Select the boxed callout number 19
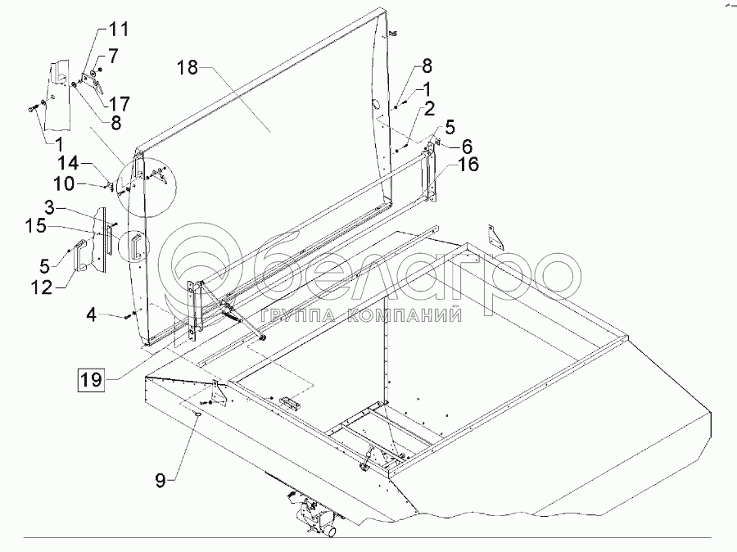(91, 379)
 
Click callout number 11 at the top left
(119, 30)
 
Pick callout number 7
(112, 57)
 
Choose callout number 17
(119, 104)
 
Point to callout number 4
(93, 313)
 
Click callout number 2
(428, 107)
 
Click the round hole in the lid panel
(374, 105)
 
